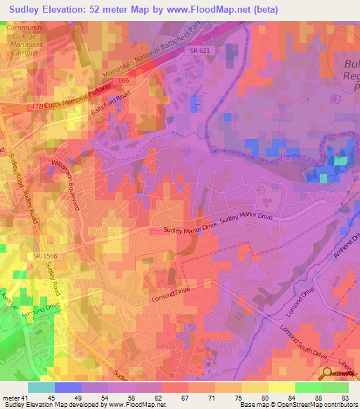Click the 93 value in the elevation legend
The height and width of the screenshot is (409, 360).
344,397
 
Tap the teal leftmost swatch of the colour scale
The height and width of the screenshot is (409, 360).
41,387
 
